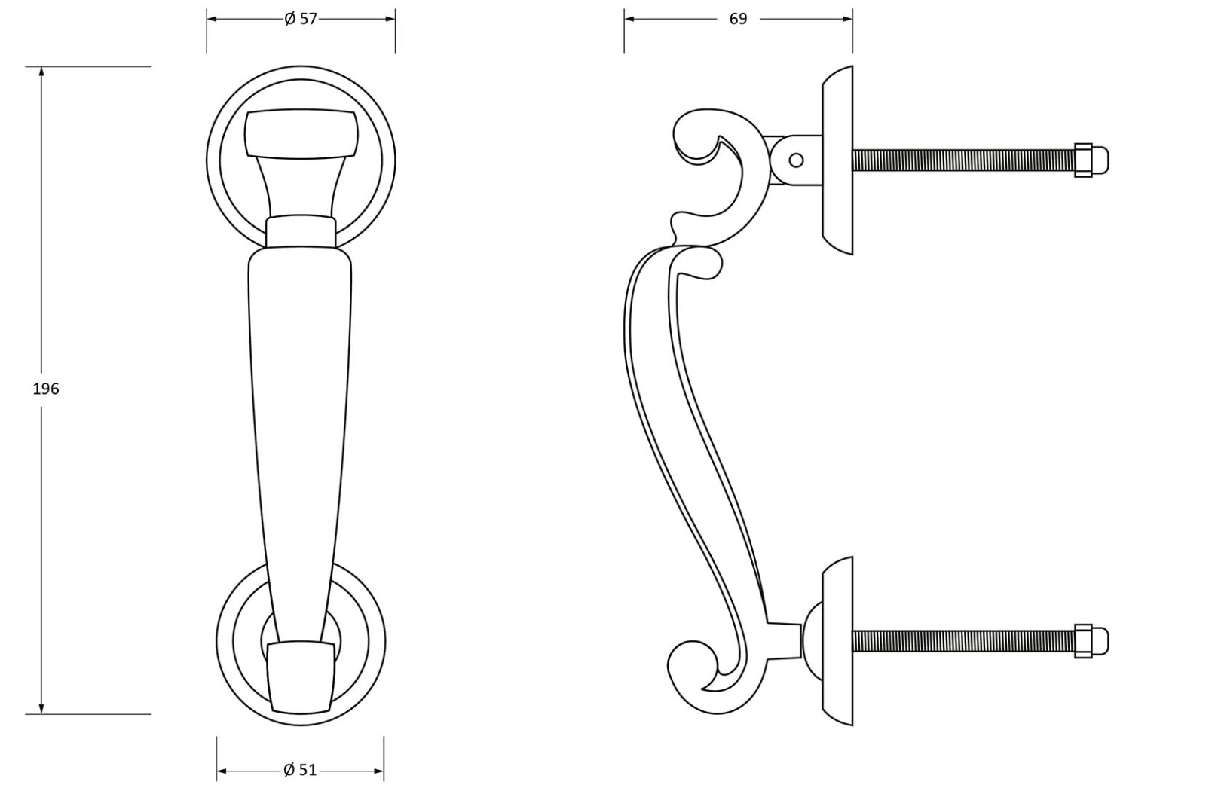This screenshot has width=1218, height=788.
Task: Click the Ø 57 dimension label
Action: tap(300, 19)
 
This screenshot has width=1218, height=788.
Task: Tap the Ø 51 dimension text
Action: tap(300, 770)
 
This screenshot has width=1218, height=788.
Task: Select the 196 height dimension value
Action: tap(46, 389)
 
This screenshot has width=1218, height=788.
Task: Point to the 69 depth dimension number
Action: tap(738, 19)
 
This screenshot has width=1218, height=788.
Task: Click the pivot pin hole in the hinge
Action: tap(795, 160)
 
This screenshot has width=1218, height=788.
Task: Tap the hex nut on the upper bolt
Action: tap(1083, 160)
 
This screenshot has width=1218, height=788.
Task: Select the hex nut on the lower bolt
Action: tap(1083, 641)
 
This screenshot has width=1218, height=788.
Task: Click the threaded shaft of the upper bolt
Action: tap(963, 160)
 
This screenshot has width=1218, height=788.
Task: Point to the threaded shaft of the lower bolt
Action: tap(963, 641)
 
